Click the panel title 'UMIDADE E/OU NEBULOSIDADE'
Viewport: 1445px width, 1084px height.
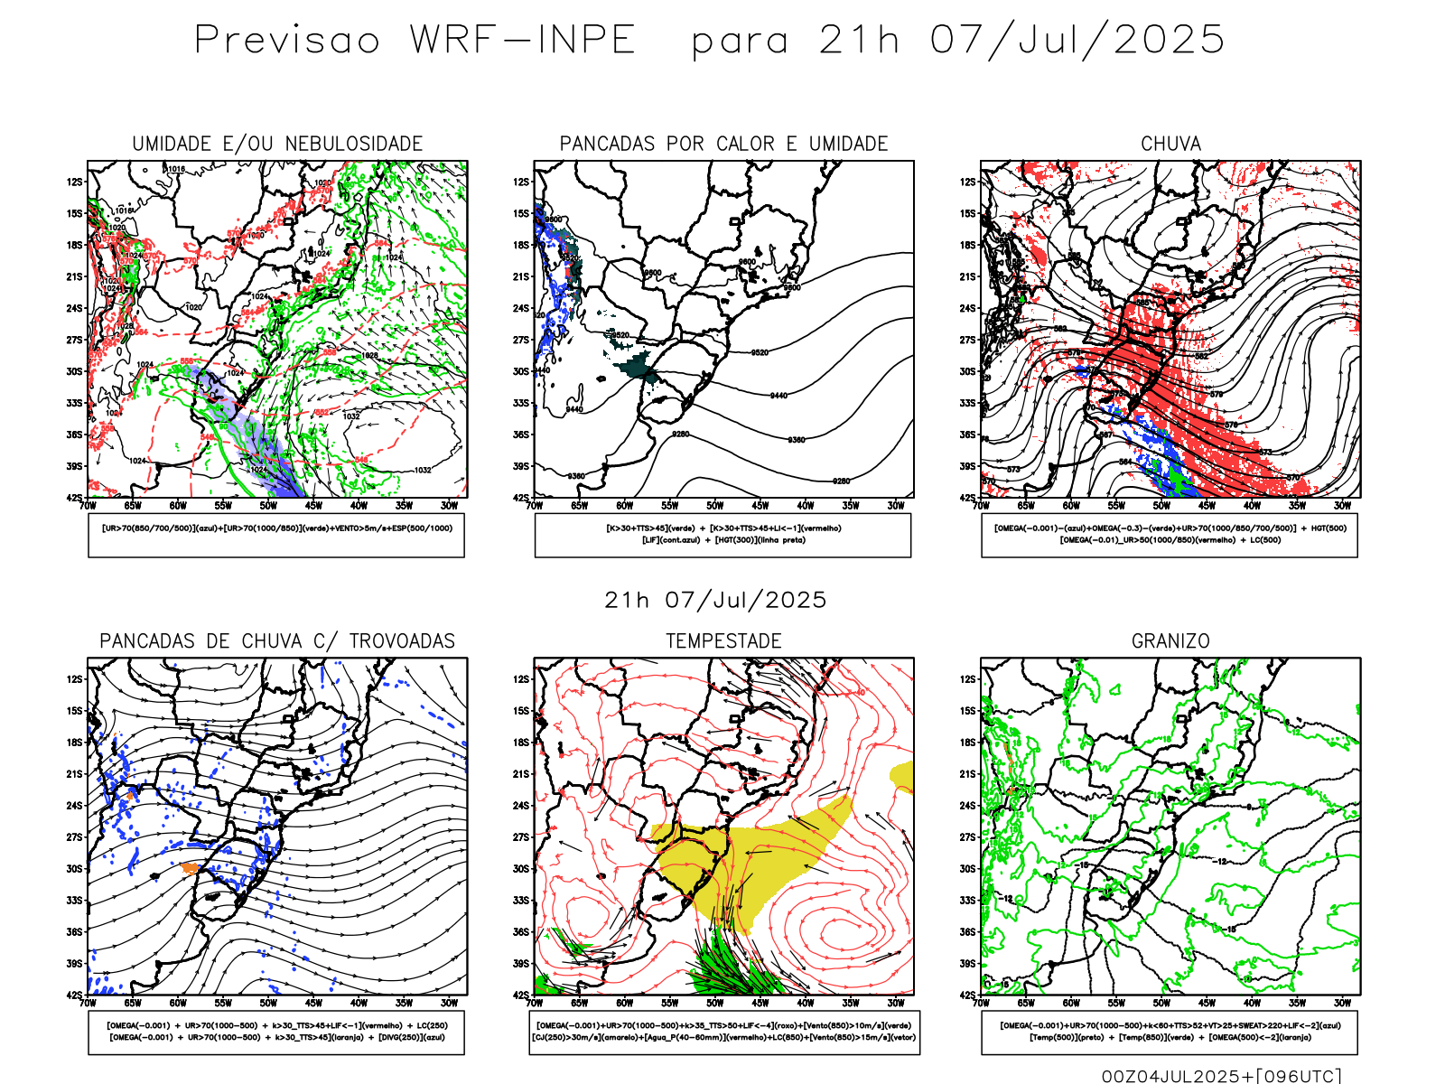click(x=277, y=144)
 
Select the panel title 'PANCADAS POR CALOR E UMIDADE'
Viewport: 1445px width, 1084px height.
click(x=723, y=144)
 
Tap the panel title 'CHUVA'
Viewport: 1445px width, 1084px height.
click(x=1170, y=144)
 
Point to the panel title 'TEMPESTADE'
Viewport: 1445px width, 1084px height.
click(x=723, y=641)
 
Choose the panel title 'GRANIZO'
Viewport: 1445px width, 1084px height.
click(x=1170, y=641)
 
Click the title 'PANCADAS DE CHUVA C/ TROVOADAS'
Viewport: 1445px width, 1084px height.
click(x=277, y=641)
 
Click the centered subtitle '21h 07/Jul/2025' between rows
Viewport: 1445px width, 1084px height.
click(x=715, y=600)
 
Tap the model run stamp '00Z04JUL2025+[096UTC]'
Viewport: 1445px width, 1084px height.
click(x=1221, y=1075)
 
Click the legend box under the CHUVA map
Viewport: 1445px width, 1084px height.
click(x=1170, y=535)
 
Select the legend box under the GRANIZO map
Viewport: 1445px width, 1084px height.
click(x=1170, y=1032)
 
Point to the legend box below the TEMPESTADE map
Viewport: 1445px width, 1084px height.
click(x=723, y=1032)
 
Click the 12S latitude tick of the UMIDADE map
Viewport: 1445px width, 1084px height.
click(x=74, y=182)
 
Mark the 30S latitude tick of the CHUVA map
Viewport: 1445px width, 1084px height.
click(x=968, y=371)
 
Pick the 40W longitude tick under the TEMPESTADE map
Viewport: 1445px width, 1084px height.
click(x=806, y=1003)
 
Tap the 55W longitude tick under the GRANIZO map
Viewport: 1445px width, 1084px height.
click(x=1116, y=1003)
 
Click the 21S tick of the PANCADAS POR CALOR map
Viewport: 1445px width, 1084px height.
click(x=521, y=276)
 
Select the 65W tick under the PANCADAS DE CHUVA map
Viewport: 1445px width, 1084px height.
click(x=133, y=1003)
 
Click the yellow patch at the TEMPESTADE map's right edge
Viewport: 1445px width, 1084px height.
click(x=902, y=776)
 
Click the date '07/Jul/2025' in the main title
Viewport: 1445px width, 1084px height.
click(x=1077, y=41)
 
